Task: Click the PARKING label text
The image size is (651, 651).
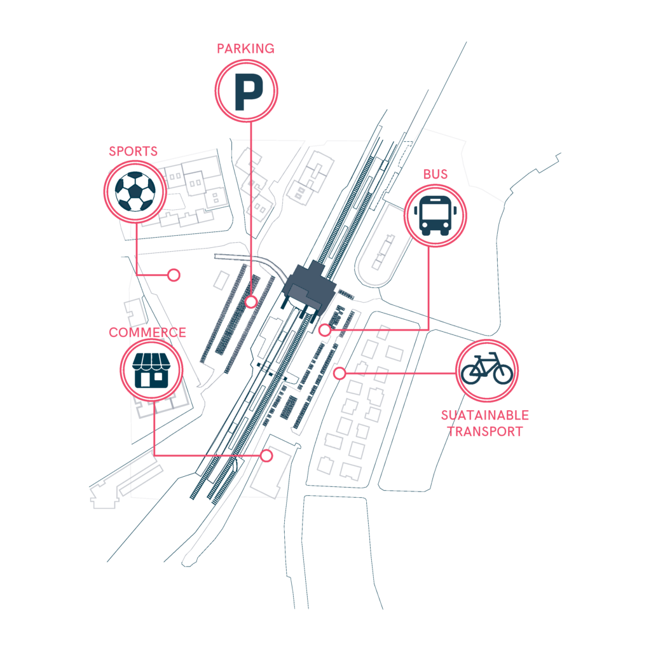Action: pos(245,48)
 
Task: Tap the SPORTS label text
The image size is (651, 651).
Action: pos(134,151)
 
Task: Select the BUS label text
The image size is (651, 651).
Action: pos(435,174)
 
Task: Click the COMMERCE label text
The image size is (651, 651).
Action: pos(147,332)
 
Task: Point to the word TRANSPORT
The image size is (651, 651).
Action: pos(485,432)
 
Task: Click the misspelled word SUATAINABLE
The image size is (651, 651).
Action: pos(485,415)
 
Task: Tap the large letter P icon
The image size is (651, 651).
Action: pos(249,92)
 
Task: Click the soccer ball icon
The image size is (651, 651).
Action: pos(135,191)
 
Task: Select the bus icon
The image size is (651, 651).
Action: pos(435,216)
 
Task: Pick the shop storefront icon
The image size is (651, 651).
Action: pos(151,371)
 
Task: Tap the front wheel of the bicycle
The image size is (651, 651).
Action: pos(503,374)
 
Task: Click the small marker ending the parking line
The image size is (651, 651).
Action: pos(250,302)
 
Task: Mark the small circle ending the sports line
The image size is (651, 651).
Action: pos(174,275)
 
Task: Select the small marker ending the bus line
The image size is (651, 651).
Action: pos(325,330)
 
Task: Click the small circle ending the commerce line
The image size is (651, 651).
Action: pos(266,456)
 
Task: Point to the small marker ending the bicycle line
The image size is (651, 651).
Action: pos(339,373)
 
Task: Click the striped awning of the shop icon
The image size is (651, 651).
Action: pos(151,361)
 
